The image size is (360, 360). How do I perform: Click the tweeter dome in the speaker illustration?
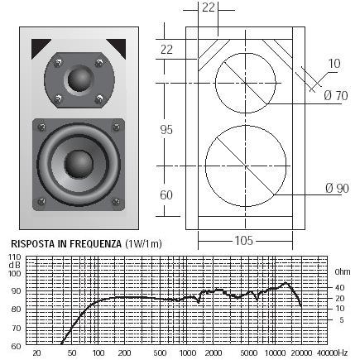(79, 79)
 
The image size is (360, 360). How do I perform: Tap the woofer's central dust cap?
(79, 164)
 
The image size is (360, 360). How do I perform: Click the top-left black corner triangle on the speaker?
(39, 47)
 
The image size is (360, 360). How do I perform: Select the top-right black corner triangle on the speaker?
(118, 47)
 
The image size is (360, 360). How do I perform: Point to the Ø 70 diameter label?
(336, 95)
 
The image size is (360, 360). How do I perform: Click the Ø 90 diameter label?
(337, 188)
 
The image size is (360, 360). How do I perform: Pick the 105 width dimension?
(244, 240)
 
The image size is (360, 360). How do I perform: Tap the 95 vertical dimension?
(166, 129)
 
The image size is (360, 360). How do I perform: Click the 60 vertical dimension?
(166, 195)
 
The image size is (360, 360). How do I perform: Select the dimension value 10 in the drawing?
(334, 64)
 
